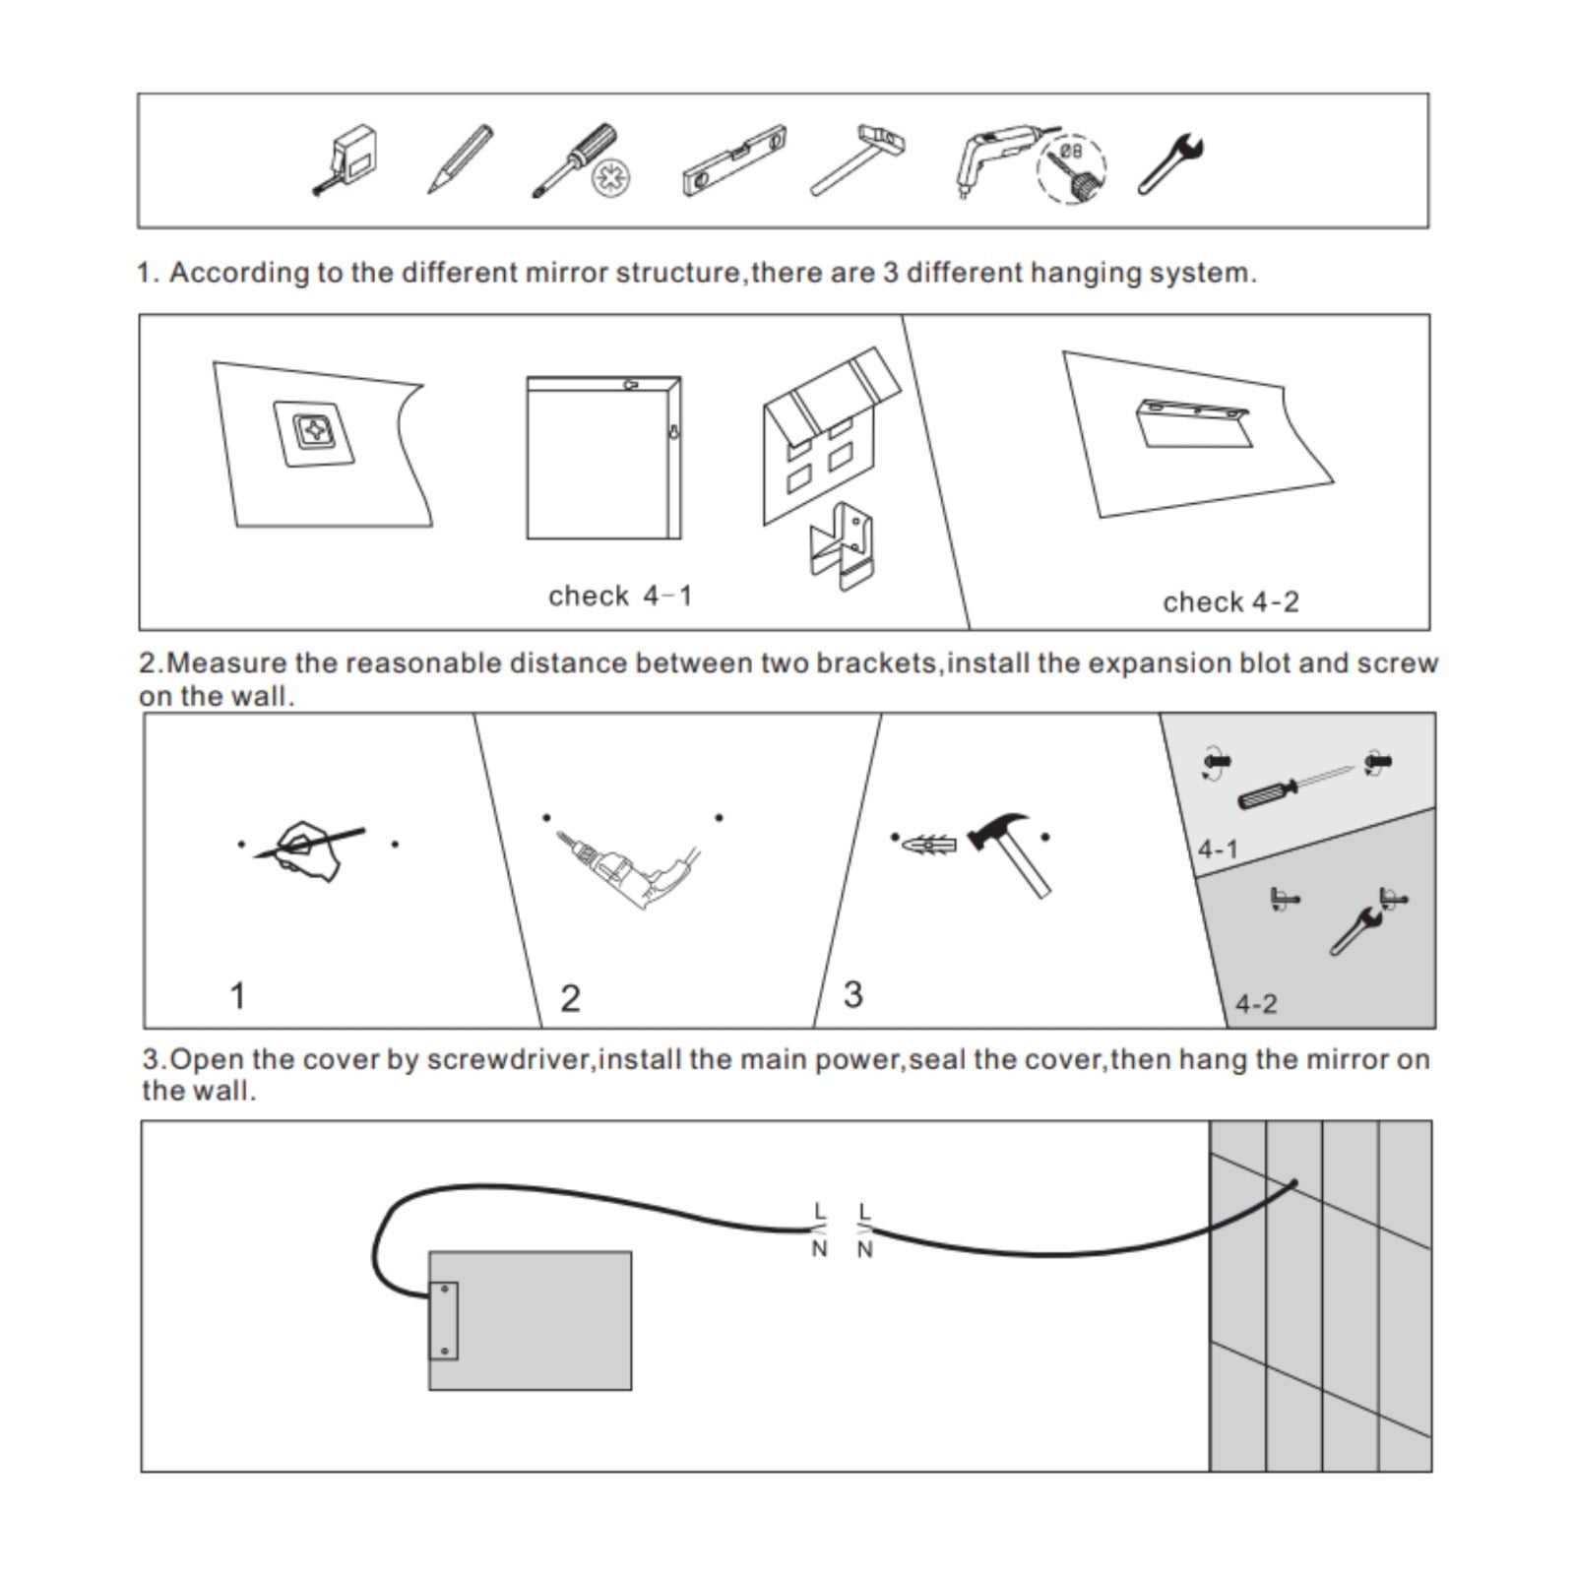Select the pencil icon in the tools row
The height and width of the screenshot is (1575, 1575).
coord(459,158)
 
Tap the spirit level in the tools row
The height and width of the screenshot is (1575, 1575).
coord(734,161)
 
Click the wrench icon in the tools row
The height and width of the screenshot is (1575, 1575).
coord(1171,163)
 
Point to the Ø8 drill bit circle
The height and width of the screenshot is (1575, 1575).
coord(1072,168)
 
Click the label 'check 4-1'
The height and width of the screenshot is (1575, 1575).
coord(620,596)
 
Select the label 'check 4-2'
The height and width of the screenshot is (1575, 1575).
coord(1230,601)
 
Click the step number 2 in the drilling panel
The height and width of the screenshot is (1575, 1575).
coord(570,997)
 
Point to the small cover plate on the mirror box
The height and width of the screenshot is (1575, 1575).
coord(444,1321)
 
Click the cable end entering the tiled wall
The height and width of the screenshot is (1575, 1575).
coord(1293,1183)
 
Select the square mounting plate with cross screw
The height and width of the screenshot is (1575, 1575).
coord(314,433)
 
